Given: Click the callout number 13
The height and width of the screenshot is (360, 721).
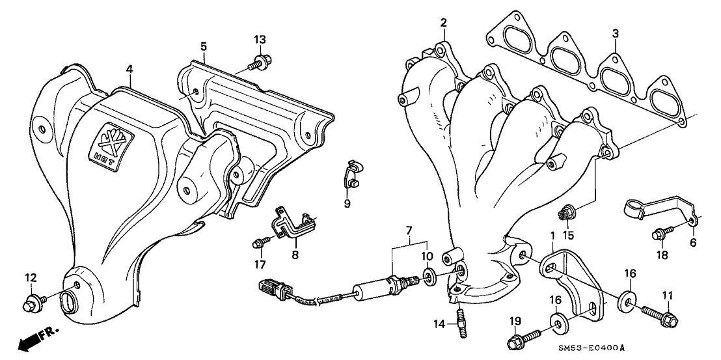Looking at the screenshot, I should point(260,40).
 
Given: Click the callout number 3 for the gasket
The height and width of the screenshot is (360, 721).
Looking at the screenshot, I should point(615,33).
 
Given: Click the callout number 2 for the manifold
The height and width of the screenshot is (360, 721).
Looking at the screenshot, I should point(443,22).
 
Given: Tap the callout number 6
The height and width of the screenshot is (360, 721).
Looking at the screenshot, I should point(692,242).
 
